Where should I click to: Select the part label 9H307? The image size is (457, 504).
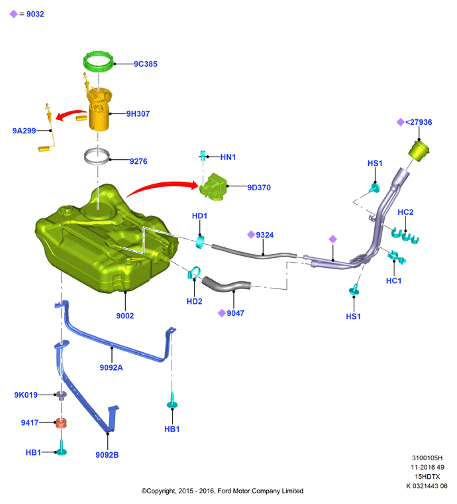138,114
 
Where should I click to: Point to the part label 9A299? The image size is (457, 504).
24,131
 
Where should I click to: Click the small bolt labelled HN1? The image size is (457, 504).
203,156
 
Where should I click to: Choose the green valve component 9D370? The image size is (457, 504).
213,187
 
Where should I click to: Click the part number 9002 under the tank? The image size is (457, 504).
125,316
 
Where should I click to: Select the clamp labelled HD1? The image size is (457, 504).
200,242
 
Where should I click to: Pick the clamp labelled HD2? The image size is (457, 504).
194,273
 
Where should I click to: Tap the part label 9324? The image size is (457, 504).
265,235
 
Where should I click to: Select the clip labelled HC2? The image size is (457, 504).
405,236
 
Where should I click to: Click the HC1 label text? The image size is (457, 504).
394,281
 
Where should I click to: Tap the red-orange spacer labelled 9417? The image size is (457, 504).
61,423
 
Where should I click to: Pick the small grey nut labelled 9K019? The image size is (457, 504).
62,395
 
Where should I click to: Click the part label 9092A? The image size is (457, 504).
111,367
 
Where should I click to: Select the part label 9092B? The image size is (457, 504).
107,455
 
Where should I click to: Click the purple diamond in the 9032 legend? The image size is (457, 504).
13,14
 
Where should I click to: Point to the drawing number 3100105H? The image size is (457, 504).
427,458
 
